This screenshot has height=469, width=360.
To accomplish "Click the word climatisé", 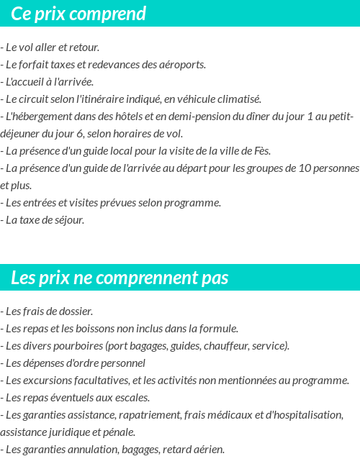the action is tap(238, 99).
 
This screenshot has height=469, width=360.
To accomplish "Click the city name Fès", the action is tap(263, 150).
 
